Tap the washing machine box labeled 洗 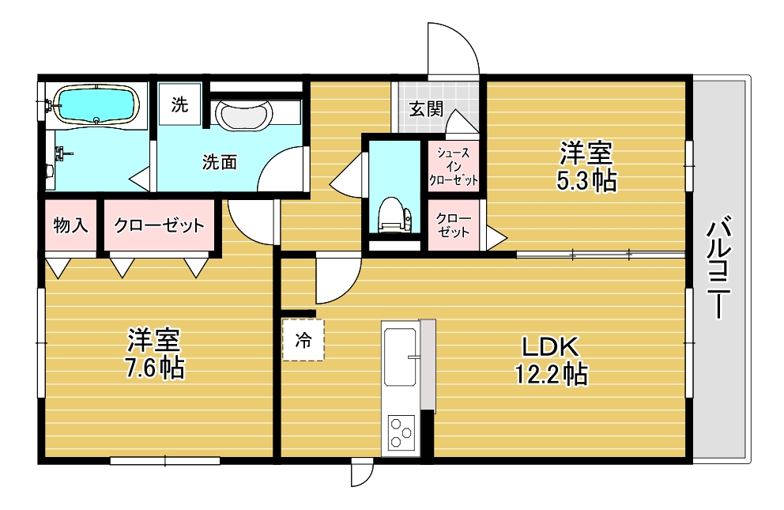click(180, 104)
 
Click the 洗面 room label click(219, 163)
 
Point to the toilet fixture click(394, 215)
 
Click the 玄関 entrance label click(425, 109)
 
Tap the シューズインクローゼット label click(454, 166)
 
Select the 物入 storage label click(70, 225)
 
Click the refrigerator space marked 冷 click(303, 339)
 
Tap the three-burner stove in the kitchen click(401, 433)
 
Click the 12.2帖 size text click(550, 374)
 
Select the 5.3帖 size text click(586, 180)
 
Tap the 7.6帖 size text click(156, 368)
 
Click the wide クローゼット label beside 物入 click(159, 225)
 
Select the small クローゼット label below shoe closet click(453, 225)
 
